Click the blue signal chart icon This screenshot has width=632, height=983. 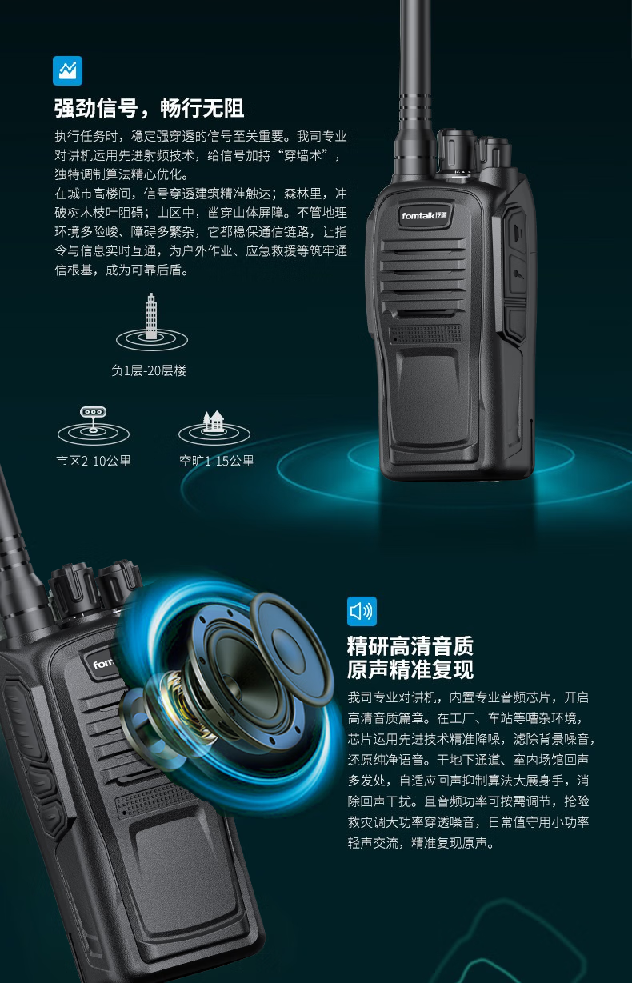pyautogui.click(x=67, y=70)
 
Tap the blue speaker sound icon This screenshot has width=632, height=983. pyautogui.click(x=362, y=611)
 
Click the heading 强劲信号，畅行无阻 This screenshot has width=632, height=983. pyautogui.click(x=150, y=108)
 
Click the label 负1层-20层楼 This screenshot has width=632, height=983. pyautogui.click(x=149, y=371)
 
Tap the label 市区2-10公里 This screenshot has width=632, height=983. pyautogui.click(x=94, y=461)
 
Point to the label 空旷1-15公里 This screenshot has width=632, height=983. pyautogui.click(x=216, y=461)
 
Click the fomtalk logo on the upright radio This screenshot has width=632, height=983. pyautogui.click(x=424, y=215)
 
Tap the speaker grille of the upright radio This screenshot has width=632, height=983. pyautogui.click(x=423, y=275)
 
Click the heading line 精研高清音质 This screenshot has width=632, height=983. pyautogui.click(x=410, y=645)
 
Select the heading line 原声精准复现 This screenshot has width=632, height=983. pyautogui.click(x=410, y=669)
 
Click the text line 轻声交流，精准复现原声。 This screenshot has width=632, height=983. pyautogui.click(x=421, y=842)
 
